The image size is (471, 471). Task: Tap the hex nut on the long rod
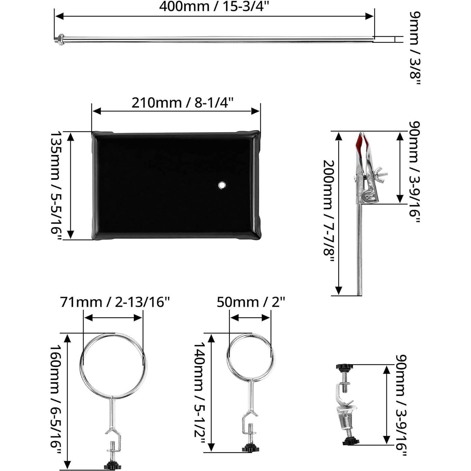click(x=60, y=40)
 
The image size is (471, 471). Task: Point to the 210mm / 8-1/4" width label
click(x=182, y=103)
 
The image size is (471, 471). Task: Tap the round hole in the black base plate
click(x=222, y=185)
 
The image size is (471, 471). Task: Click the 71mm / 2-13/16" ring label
click(x=114, y=302)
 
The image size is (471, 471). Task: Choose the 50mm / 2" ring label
click(x=251, y=302)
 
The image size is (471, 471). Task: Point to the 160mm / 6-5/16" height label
click(x=56, y=401)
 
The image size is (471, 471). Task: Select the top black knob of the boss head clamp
click(x=344, y=367)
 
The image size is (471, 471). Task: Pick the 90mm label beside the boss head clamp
click(x=401, y=405)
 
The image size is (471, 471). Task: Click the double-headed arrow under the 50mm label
click(x=250, y=318)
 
